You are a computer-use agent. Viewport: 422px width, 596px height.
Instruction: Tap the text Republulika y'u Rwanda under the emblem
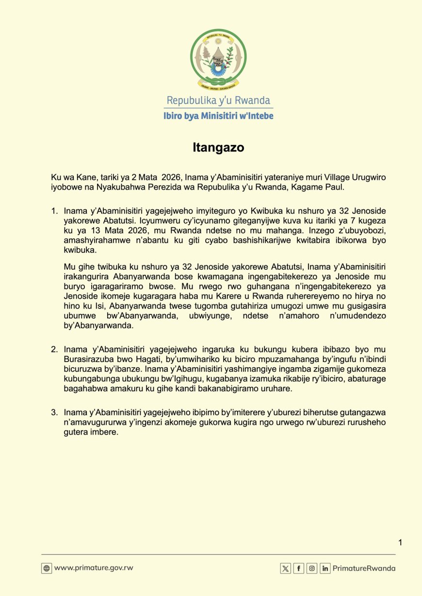point(218,100)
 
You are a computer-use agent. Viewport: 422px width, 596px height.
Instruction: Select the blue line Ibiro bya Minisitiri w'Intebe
point(218,116)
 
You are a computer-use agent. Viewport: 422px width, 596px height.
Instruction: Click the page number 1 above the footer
point(400,542)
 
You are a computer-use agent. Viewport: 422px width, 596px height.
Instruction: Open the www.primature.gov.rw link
point(94,568)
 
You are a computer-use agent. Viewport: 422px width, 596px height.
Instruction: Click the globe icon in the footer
point(47,568)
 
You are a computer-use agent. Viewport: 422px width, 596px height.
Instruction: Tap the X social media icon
point(286,568)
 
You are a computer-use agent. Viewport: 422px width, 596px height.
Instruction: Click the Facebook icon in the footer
point(299,568)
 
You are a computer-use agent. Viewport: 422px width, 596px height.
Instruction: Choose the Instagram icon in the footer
point(312,568)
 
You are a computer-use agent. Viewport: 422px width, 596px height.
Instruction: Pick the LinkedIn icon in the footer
point(325,568)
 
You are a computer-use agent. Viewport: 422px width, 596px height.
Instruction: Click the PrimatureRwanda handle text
point(364,568)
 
